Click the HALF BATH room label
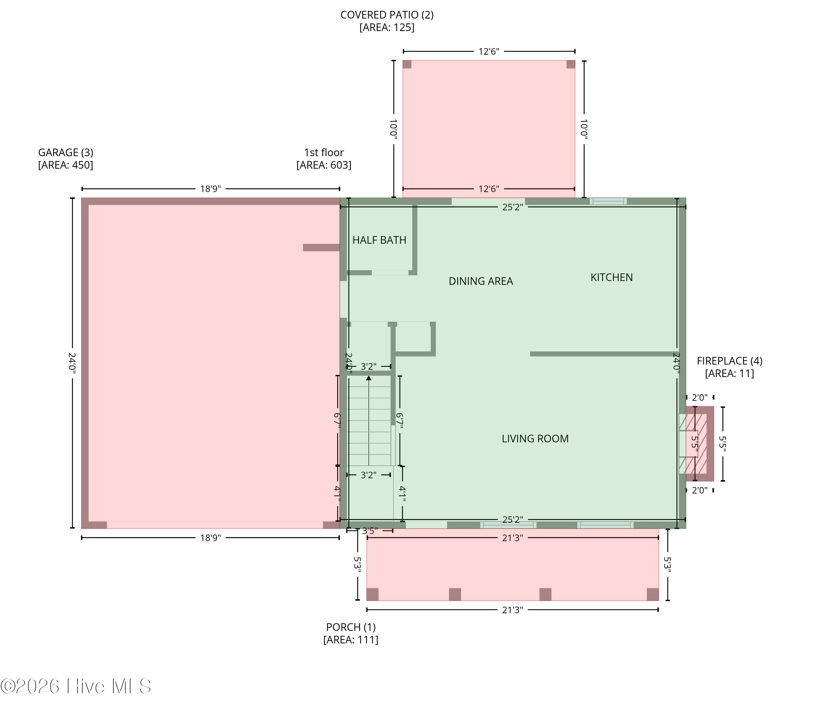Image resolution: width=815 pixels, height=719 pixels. [379, 240]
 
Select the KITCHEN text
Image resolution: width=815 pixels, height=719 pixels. [611, 277]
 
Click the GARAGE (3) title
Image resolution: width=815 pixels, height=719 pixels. [66, 153]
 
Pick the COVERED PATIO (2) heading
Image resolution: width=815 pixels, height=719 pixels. [387, 15]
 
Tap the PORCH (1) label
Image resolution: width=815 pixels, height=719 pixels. [351, 627]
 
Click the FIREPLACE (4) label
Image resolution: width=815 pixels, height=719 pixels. [729, 361]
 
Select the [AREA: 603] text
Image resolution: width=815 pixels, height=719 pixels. [324, 165]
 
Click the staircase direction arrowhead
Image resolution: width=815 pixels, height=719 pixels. [369, 378]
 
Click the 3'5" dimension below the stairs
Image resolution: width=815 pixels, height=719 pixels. [370, 531]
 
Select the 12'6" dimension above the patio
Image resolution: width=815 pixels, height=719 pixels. [489, 51]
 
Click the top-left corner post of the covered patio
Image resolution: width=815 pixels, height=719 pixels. [407, 64]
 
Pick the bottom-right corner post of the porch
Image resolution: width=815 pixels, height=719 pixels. [652, 594]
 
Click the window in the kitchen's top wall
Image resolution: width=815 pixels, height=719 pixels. [608, 201]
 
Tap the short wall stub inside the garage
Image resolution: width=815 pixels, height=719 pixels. [321, 248]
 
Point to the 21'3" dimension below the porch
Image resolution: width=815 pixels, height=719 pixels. [512, 610]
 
